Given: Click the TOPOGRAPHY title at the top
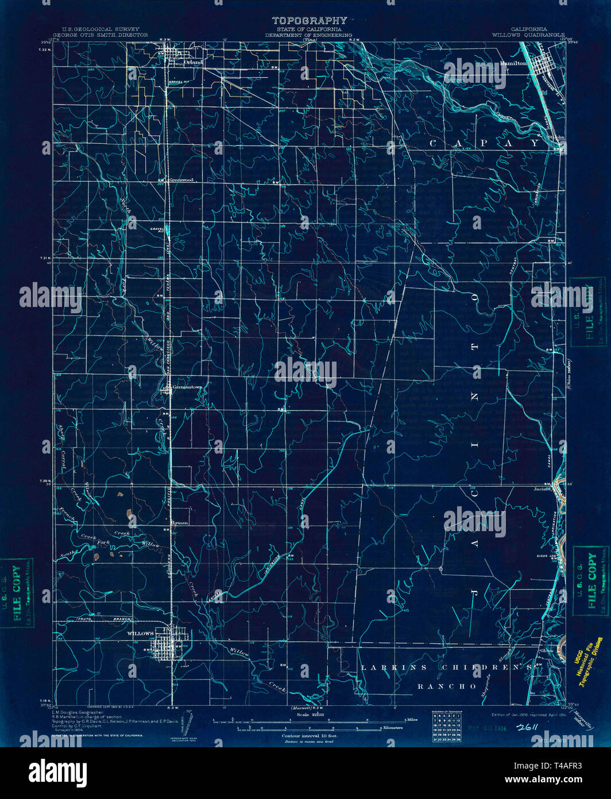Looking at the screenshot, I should [309, 21].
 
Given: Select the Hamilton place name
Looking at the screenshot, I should [513, 63].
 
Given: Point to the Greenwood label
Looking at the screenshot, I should [181, 180].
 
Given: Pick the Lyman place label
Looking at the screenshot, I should [180, 523].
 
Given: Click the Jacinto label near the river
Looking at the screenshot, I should [543, 490].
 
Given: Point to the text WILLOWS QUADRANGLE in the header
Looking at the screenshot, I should [528, 34].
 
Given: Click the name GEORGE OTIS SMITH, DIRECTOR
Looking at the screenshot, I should [100, 35].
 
